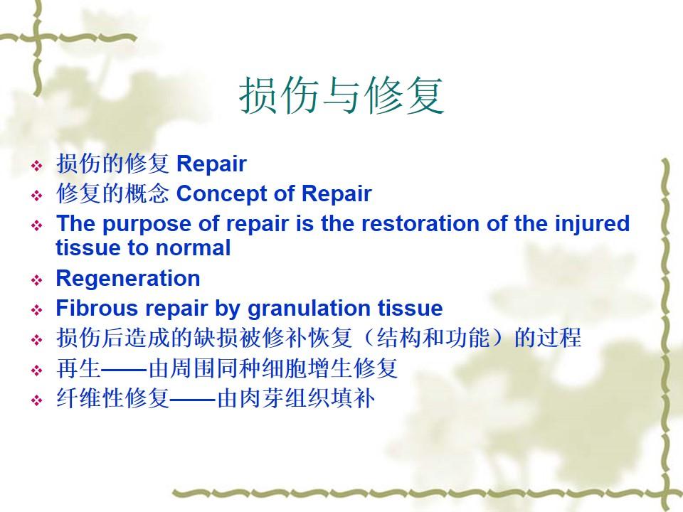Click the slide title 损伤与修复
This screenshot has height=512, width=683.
tap(341, 96)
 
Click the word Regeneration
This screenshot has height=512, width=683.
tap(128, 278)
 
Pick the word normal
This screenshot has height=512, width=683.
tap(193, 247)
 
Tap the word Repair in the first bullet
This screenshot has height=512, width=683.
tap(212, 164)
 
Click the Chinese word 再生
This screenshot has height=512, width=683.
tap(78, 368)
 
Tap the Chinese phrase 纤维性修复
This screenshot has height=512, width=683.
tap(112, 398)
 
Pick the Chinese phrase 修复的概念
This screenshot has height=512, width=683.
tap(112, 193)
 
